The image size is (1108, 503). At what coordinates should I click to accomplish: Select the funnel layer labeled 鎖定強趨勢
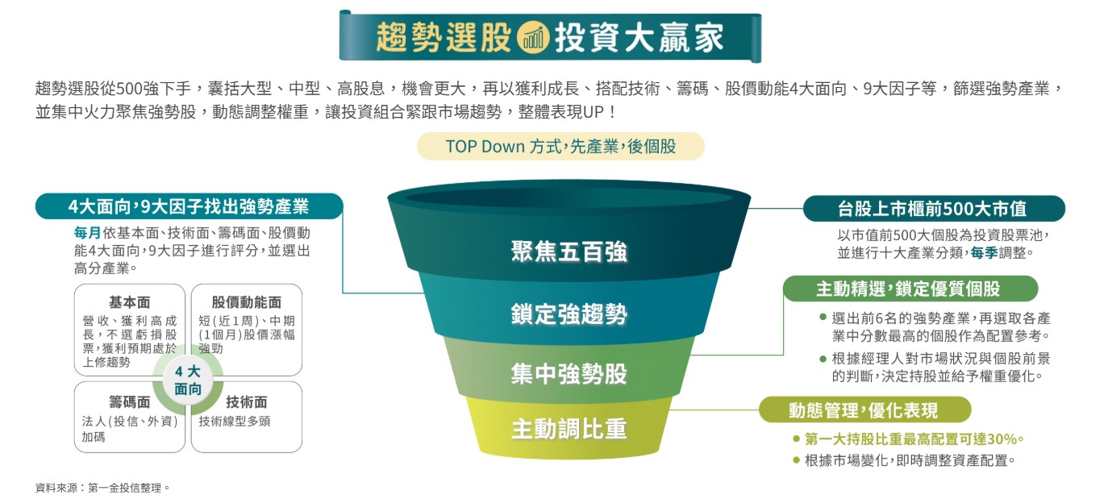coord(569,314)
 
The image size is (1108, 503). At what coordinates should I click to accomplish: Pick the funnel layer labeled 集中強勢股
coord(569,373)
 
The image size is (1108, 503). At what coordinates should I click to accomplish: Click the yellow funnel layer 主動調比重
coord(569,429)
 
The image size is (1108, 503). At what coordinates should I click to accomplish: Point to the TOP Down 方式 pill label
coord(560,147)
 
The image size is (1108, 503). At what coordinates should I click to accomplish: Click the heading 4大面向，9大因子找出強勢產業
coord(188,206)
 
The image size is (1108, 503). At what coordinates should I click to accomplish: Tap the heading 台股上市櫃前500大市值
coord(933,209)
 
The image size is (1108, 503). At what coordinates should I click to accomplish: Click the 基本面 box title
coord(129,302)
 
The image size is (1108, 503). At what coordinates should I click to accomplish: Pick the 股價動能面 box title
coord(246,302)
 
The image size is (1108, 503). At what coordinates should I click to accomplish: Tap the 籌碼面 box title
coord(129,401)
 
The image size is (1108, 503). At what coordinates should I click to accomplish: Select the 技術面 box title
coord(246,401)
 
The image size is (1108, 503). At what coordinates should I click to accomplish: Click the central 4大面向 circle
coord(188,380)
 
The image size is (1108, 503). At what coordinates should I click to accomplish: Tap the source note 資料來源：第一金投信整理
coord(102,488)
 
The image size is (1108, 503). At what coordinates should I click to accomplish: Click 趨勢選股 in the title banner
coord(444,37)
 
